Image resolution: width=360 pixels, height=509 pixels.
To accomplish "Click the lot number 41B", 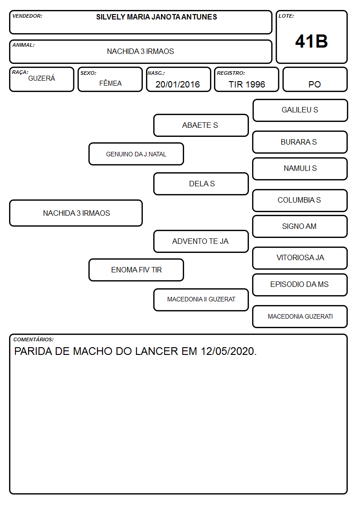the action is [311, 41].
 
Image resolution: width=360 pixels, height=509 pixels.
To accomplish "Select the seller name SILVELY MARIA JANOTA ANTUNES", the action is [156, 17].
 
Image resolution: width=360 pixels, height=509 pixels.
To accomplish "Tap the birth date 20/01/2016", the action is [178, 84].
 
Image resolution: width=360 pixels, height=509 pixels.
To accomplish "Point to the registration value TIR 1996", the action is [247, 84].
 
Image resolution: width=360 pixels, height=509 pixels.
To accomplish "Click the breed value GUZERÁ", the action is [42, 78].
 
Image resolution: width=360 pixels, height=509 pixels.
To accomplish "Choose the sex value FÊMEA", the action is [110, 83].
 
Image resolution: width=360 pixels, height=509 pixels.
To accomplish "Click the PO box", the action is [315, 79].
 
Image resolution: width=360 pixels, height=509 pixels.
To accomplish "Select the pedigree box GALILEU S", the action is [300, 111].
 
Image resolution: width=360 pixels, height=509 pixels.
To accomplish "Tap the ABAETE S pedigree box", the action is [201, 125].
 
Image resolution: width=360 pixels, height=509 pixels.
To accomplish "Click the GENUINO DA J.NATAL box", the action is [136, 154].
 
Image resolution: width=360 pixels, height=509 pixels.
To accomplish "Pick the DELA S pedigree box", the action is [201, 184].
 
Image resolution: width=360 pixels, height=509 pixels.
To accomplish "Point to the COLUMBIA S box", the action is [300, 200].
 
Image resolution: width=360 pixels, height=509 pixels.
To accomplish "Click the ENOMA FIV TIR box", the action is [136, 270].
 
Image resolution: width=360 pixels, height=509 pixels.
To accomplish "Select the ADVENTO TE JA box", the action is [201, 241].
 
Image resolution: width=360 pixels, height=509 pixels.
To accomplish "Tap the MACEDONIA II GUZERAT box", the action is [201, 300].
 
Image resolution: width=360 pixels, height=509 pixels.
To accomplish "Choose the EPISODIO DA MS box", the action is [300, 285].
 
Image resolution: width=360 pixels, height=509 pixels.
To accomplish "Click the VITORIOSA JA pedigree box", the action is [300, 258].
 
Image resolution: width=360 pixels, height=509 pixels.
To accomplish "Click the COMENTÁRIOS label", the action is [34, 339].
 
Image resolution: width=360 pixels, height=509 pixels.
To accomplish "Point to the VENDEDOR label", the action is [27, 16].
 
